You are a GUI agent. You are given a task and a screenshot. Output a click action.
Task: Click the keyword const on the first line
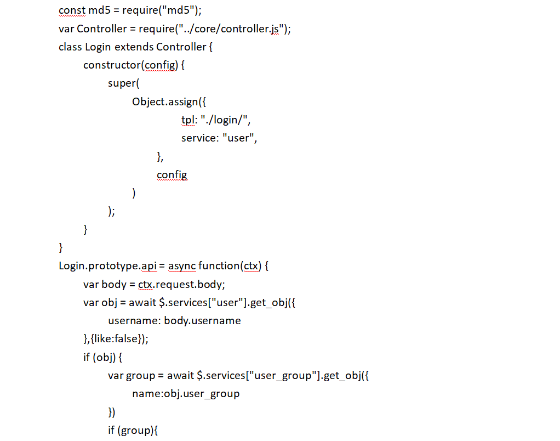click(71, 10)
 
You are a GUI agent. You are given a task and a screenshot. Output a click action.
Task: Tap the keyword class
click(70, 47)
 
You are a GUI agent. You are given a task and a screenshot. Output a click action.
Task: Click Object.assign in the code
click(164, 101)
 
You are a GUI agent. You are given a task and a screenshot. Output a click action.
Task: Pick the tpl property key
click(189, 120)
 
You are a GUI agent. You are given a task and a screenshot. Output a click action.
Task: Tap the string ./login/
click(226, 120)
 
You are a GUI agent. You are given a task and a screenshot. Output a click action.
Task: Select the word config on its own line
click(172, 175)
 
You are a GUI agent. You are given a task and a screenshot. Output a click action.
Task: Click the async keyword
click(182, 266)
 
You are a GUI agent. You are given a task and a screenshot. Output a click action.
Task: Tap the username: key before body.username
click(134, 320)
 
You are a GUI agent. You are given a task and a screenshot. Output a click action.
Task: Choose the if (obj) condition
click(102, 357)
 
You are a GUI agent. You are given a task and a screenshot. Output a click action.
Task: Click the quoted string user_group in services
click(283, 376)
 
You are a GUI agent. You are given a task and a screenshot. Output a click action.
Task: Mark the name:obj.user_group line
click(186, 394)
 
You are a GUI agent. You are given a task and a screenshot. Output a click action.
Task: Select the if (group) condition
click(132, 431)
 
